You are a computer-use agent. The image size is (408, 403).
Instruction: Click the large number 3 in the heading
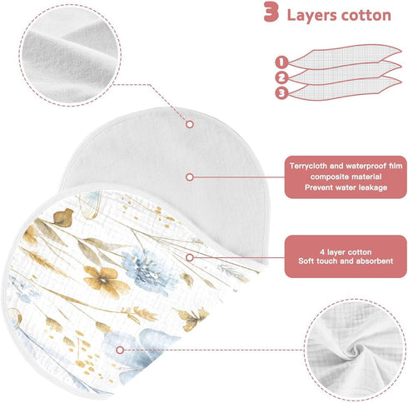pos(271,12)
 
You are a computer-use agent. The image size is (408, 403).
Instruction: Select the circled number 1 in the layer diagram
pos(281,62)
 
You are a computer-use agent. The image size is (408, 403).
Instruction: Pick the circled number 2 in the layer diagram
pos(281,77)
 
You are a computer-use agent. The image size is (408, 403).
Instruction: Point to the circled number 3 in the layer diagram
pos(281,93)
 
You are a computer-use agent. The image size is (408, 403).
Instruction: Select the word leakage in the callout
pos(373,187)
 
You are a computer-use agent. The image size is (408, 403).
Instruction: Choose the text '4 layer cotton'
pos(346,252)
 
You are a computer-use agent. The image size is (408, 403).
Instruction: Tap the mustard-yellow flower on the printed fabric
pos(105,281)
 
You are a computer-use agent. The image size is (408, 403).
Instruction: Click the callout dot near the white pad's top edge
pos(190,124)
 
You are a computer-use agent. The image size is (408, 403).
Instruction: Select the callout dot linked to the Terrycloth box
pos(190,177)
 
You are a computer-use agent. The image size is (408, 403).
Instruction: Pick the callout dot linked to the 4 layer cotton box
pos(190,257)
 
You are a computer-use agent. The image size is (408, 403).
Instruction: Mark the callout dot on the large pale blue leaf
pos(120,350)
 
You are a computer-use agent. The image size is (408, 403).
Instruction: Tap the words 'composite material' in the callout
pos(346,177)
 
